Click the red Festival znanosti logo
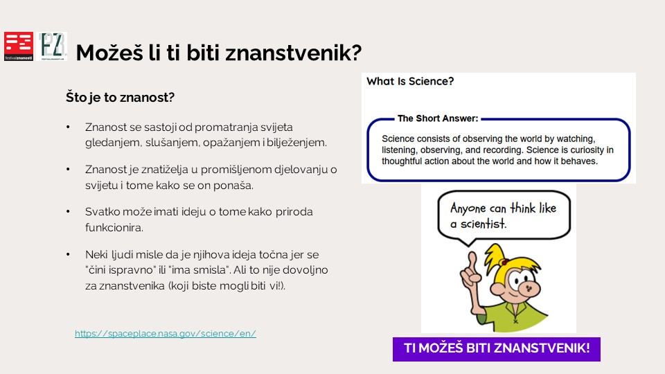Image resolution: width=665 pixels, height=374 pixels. click(x=19, y=46)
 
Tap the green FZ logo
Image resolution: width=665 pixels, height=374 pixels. click(x=52, y=46)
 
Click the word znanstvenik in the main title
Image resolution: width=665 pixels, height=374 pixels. click(x=293, y=53)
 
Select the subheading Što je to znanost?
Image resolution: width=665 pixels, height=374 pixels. click(x=120, y=97)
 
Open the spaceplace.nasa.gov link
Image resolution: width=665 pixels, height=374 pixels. click(x=166, y=333)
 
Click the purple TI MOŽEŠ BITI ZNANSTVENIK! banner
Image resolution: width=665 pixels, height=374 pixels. click(x=497, y=349)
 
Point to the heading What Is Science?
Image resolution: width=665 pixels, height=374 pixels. click(x=410, y=81)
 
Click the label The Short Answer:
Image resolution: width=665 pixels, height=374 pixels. click(x=438, y=118)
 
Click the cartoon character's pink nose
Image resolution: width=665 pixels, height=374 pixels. click(x=529, y=289)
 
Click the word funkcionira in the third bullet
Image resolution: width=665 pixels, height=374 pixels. click(x=114, y=227)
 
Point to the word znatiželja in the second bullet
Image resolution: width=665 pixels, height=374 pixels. click(x=165, y=170)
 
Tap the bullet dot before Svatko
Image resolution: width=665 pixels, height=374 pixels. click(x=68, y=211)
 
